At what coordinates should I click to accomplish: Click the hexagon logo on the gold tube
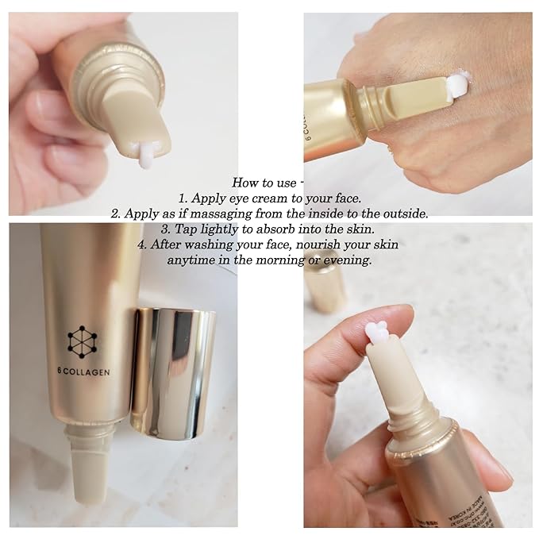[82, 341]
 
